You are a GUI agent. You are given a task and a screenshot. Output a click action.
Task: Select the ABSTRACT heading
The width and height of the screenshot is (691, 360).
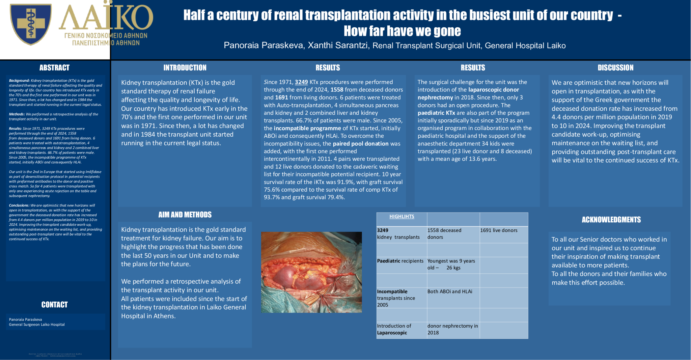(x=54, y=68)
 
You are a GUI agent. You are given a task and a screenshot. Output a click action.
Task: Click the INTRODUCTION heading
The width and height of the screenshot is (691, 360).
(x=185, y=68)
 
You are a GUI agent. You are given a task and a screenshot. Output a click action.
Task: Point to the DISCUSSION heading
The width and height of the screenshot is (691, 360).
(x=615, y=68)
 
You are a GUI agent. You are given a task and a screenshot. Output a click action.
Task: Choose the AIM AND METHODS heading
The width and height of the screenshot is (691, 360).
(x=185, y=215)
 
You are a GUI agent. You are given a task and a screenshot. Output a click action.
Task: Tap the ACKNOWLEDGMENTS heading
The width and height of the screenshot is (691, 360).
(x=611, y=220)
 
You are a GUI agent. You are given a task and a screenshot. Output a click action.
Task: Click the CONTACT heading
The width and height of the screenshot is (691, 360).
(x=54, y=305)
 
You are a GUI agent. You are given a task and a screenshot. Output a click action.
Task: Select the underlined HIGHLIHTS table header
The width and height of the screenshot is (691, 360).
(x=402, y=217)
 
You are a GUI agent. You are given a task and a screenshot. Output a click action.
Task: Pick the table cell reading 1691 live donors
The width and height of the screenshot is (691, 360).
(x=499, y=230)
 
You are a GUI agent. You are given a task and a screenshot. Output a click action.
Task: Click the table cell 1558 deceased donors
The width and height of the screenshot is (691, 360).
(x=444, y=233)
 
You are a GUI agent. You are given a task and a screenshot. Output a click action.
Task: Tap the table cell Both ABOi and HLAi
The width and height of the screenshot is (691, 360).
(x=450, y=292)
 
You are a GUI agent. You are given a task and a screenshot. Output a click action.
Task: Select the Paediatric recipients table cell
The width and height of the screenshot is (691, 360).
(x=400, y=261)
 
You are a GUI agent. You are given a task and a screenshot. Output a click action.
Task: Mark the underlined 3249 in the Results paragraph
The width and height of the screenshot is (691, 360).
(x=301, y=82)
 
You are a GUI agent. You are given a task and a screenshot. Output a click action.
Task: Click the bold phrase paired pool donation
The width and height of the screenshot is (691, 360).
(x=361, y=144)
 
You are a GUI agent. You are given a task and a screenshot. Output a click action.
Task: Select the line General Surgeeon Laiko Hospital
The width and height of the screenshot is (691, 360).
(x=37, y=325)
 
